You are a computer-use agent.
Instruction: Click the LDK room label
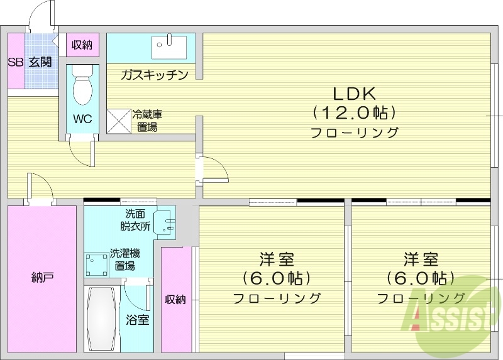[x=354, y=94]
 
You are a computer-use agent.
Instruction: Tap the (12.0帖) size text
[x=354, y=113]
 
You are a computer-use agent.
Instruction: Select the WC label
[x=82, y=119]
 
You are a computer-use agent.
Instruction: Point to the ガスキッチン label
[x=155, y=75]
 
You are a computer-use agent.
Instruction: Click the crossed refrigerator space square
[x=118, y=121]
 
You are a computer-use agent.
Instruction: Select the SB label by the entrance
[x=14, y=62]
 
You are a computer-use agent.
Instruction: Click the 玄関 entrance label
[x=40, y=62]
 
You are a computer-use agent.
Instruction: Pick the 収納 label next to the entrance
[x=82, y=45]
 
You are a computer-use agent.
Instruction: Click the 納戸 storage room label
[x=41, y=277]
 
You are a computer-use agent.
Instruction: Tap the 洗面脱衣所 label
[x=136, y=219]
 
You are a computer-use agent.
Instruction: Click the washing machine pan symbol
[x=97, y=264]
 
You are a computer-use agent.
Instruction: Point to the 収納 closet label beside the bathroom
[x=176, y=300]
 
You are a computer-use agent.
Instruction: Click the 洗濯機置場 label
[x=124, y=259]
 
